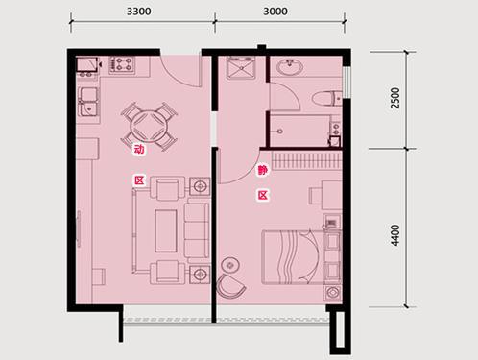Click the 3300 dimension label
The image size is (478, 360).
(x=139, y=12)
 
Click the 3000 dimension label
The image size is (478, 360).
(x=275, y=12)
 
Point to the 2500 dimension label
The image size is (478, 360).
(x=395, y=98)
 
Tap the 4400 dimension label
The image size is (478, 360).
(x=395, y=234)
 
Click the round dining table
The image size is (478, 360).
(x=150, y=127)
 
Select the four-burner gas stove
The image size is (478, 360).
(x=123, y=64)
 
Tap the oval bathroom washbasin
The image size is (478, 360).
(x=290, y=67)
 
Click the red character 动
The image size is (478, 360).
(x=139, y=149)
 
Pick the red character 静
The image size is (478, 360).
(x=263, y=170)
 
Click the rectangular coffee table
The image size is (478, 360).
(x=166, y=230)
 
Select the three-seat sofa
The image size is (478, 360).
(x=197, y=230)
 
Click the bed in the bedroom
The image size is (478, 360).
(x=294, y=257)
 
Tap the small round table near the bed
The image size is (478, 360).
(x=230, y=265)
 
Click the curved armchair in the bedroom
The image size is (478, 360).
(x=230, y=285)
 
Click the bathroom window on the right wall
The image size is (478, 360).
(x=347, y=82)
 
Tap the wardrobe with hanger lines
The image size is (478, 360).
(x=306, y=159)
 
